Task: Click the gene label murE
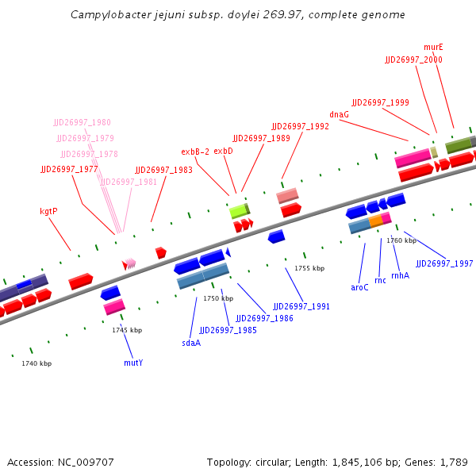(433, 47)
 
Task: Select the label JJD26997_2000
(413, 59)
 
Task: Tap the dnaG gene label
(339, 114)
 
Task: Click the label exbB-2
(195, 152)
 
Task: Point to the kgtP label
(48, 212)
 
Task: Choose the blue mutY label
(133, 363)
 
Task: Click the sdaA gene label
(191, 343)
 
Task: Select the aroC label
(359, 287)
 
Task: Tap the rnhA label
(400, 275)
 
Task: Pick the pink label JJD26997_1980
(83, 122)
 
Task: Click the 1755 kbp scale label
(309, 268)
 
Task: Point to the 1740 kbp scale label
(36, 363)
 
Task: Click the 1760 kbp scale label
(401, 240)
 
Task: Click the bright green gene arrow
(239, 211)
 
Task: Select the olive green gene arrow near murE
(459, 144)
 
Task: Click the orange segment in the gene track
(375, 221)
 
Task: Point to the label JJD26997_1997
(444, 263)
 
